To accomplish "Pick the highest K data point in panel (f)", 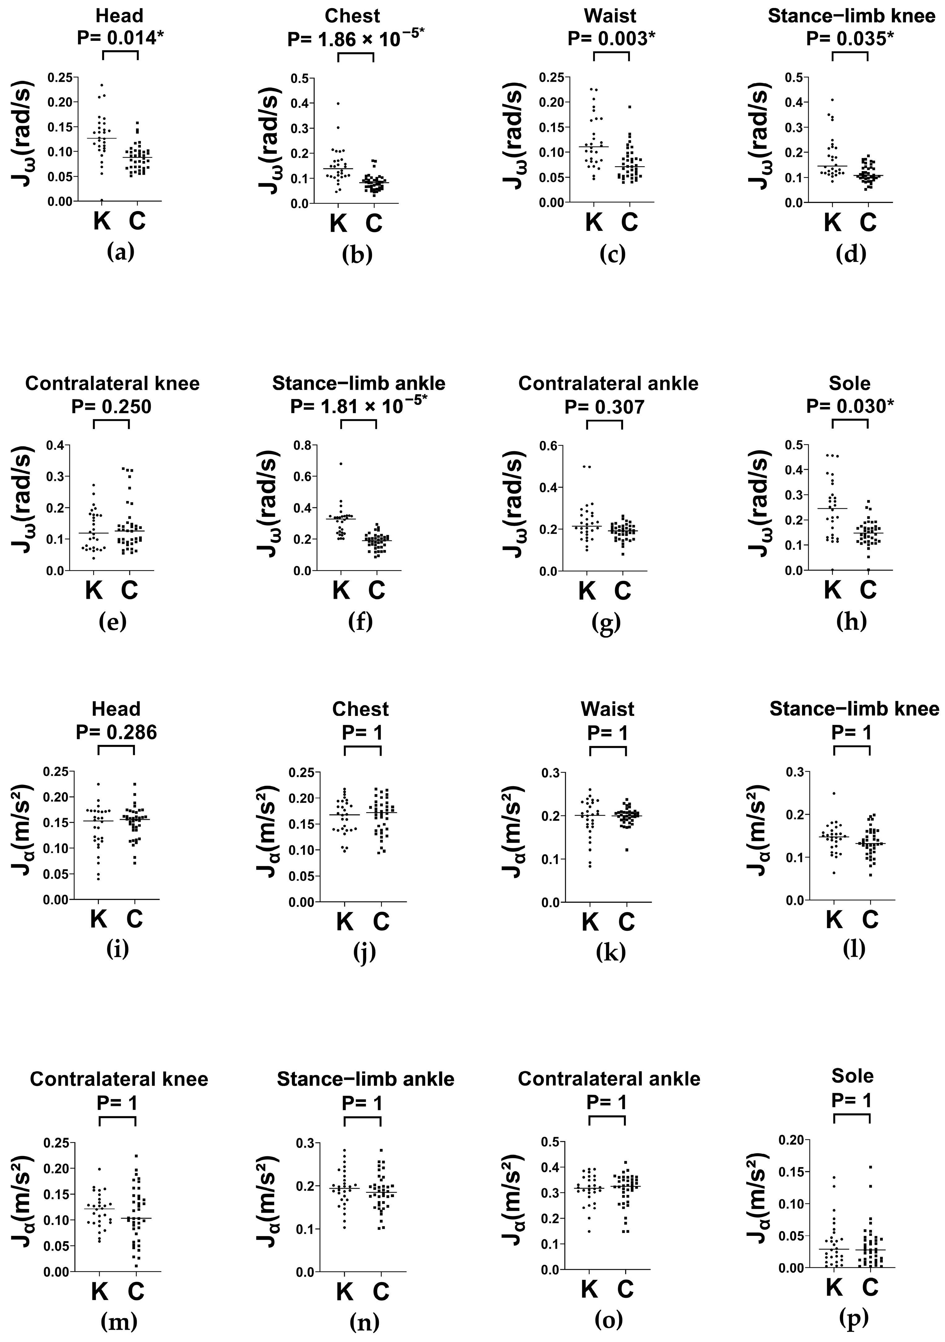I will (341, 464).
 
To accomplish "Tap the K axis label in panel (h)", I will (832, 590).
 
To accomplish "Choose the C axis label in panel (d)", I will (869, 222).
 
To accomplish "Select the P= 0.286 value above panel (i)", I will (116, 732).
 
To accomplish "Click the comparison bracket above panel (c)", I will (611, 54).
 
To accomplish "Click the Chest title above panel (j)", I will (361, 709).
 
